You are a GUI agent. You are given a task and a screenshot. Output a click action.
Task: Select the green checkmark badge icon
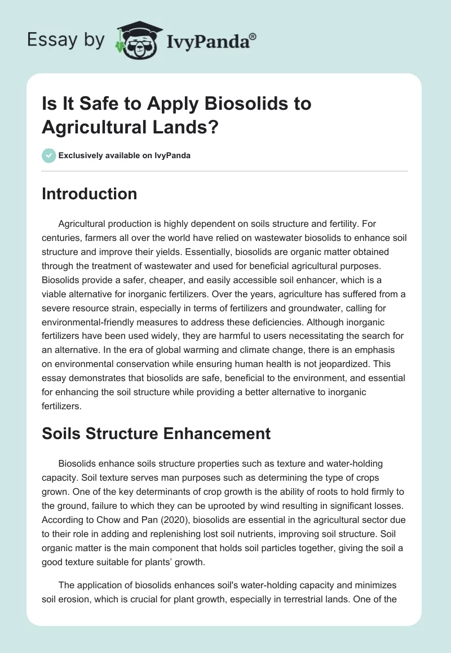48,155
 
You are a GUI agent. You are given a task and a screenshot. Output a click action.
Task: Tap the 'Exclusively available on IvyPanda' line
124,155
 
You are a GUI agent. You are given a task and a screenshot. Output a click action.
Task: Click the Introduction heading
89,194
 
